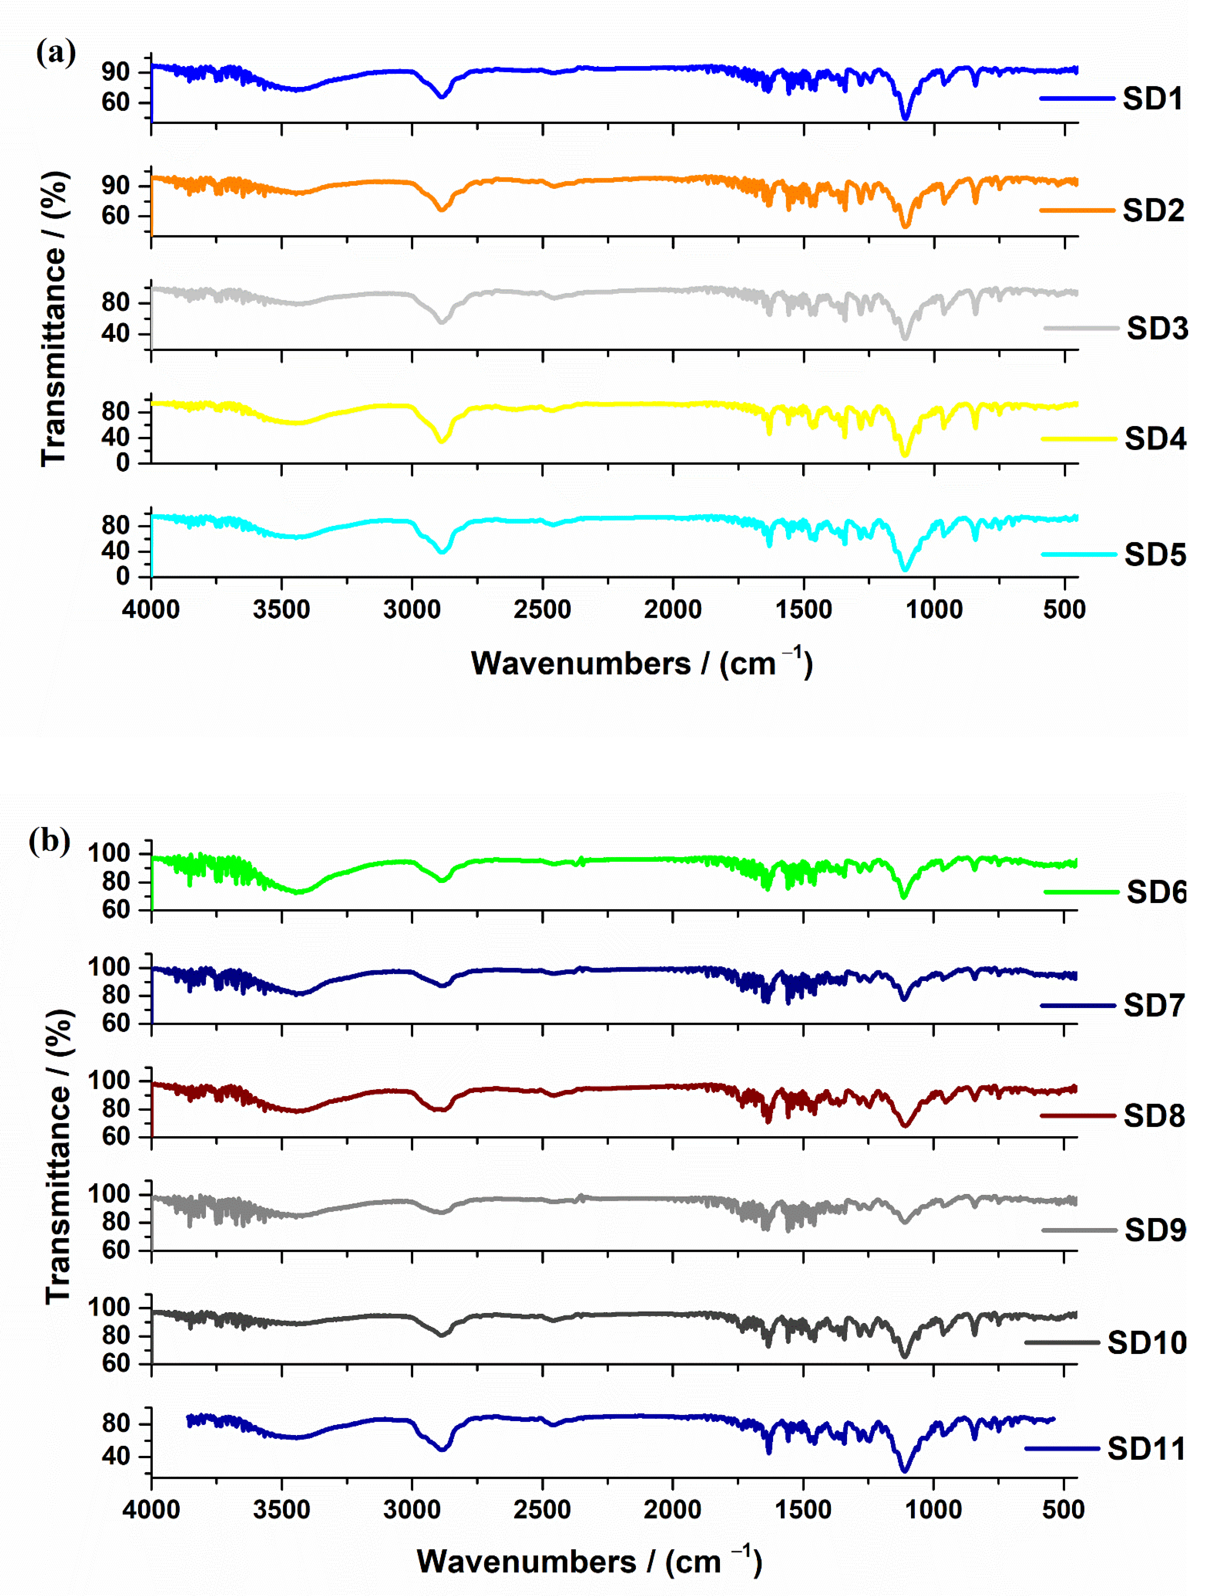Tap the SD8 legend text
click(x=1154, y=1116)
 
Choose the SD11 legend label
click(x=1146, y=1448)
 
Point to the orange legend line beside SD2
click(x=1076, y=211)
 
